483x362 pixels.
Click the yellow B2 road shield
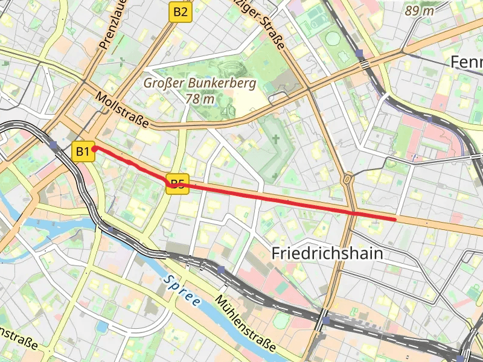(180, 11)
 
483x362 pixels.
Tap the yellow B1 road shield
(83, 151)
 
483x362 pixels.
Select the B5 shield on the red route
(177, 185)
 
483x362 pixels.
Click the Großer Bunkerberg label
(199, 83)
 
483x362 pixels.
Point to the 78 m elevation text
(200, 98)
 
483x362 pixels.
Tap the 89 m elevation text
(420, 11)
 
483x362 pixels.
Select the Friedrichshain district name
(327, 253)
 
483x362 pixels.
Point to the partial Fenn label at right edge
(466, 62)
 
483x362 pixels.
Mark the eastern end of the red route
(395, 219)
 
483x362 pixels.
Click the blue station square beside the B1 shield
(54, 145)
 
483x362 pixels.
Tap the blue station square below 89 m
(360, 54)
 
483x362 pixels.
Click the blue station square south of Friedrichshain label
(222, 270)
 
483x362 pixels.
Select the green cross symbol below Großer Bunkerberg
(276, 139)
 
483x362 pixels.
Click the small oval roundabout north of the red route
(348, 179)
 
